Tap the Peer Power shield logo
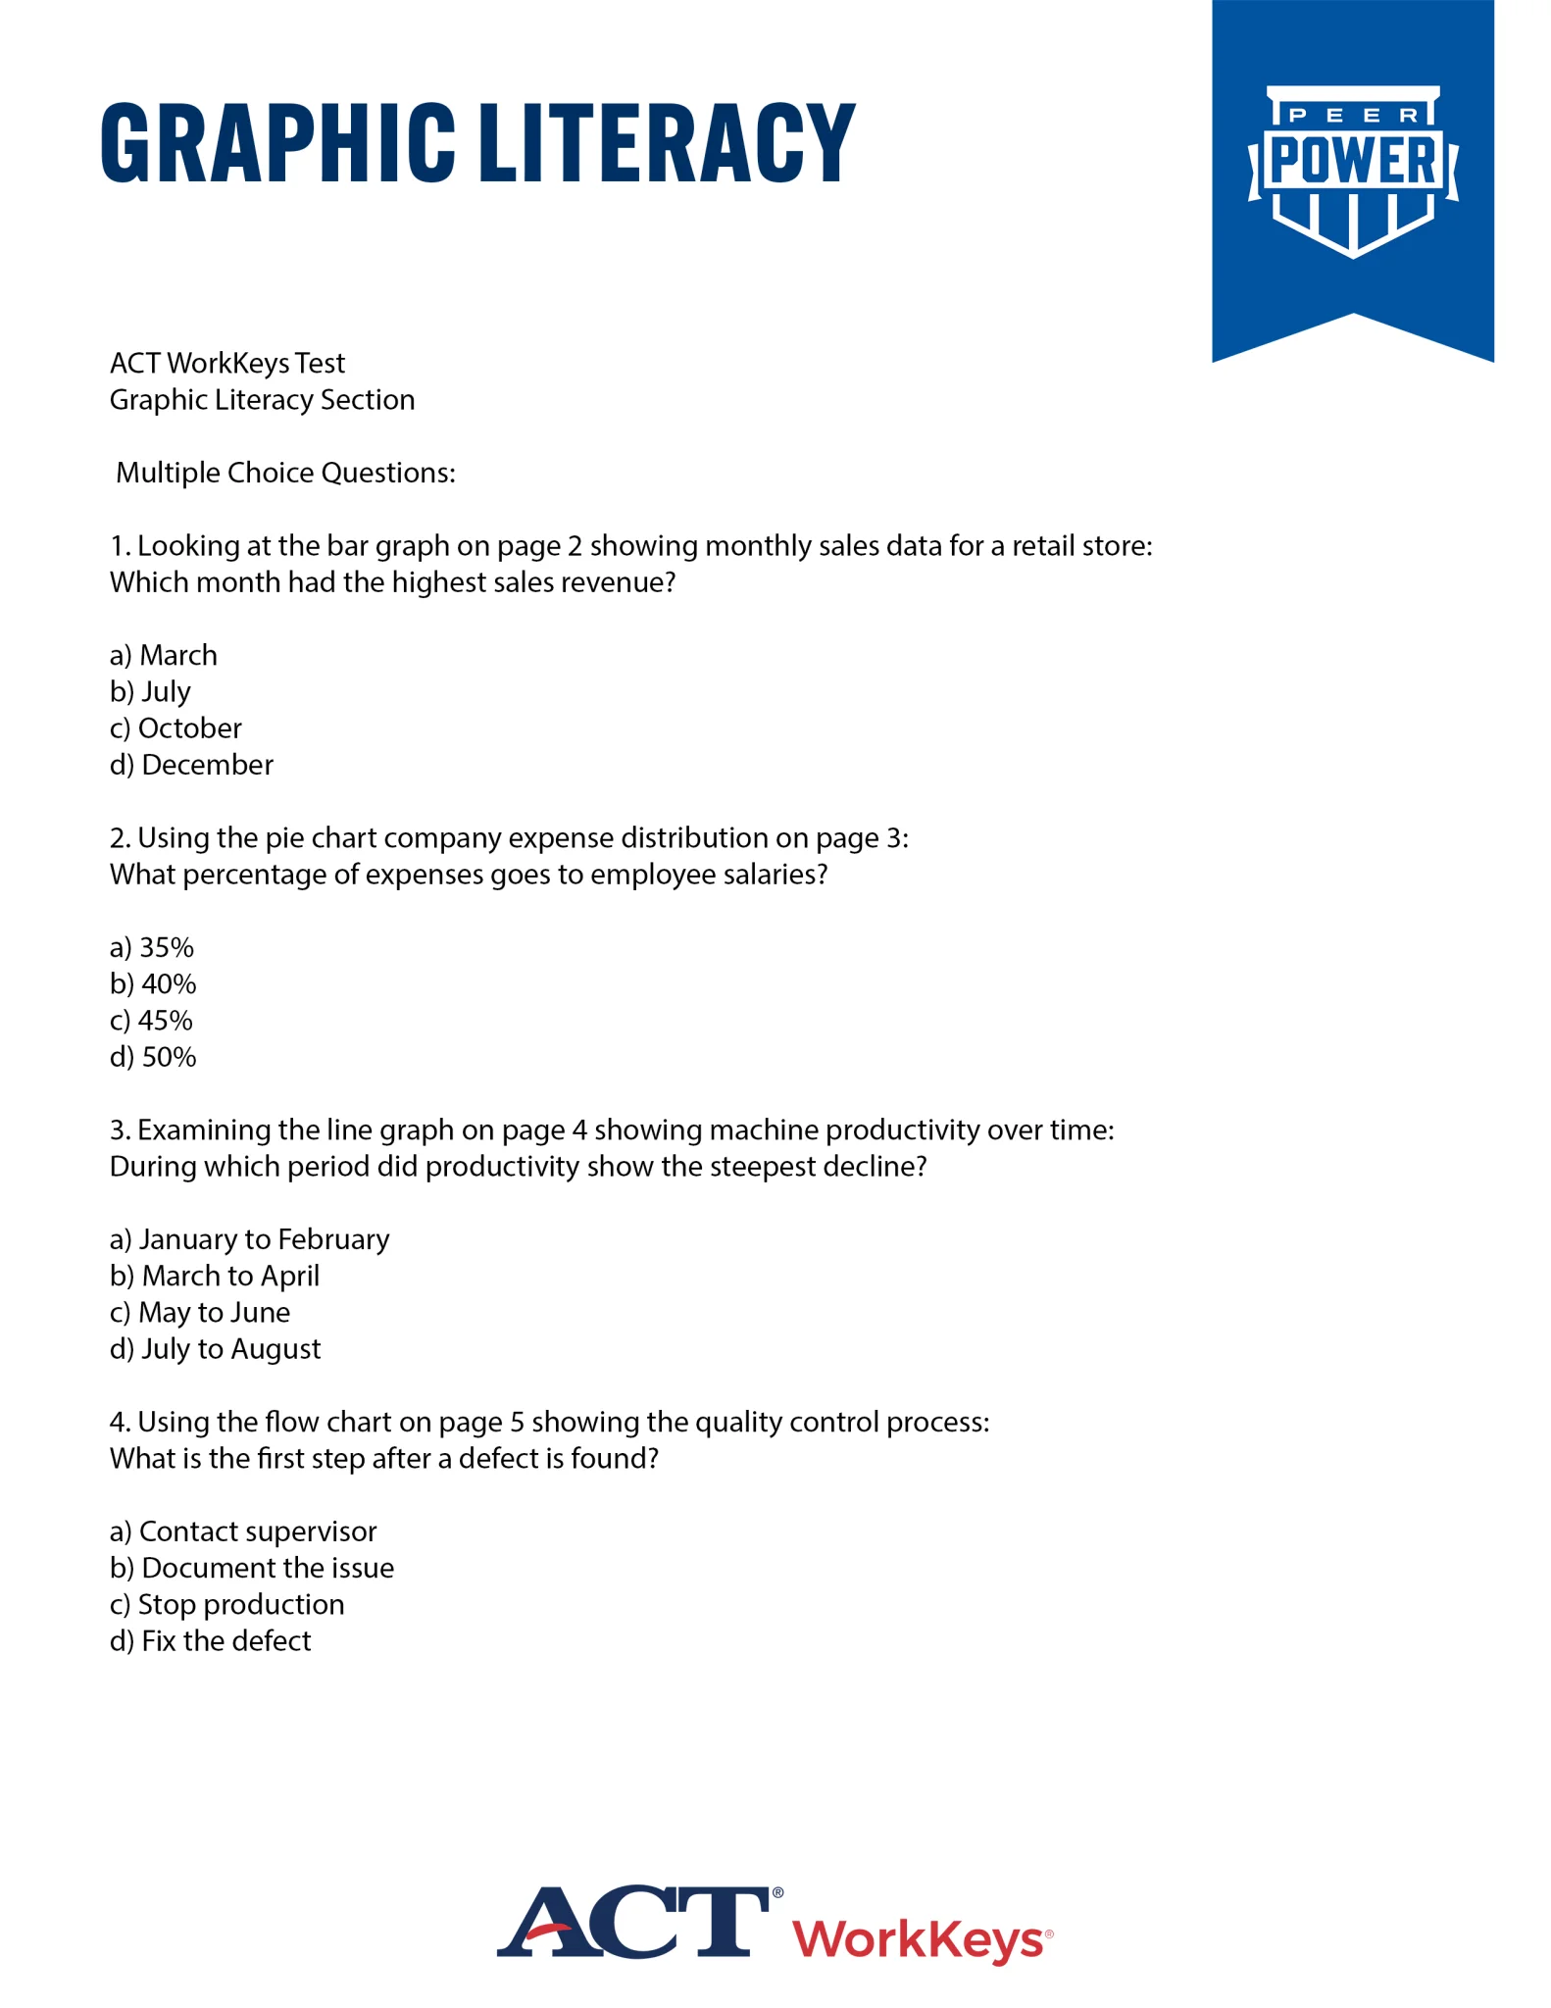coord(1352,171)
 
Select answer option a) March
coord(164,655)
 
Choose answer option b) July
coord(150,691)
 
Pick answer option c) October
coord(175,728)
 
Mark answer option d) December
coord(191,765)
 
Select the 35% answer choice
coord(152,947)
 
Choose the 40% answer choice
coord(153,983)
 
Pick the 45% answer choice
coord(151,1021)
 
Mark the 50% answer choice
coord(153,1057)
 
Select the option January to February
coord(249,1239)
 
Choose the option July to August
coord(215,1349)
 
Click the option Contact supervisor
coord(243,1531)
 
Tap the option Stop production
coord(226,1604)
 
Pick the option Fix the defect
coord(210,1641)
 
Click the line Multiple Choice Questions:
coord(285,473)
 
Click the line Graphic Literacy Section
coord(262,400)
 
